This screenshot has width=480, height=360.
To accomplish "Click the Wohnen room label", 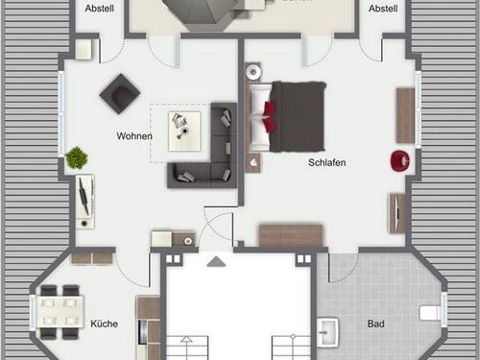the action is pos(134,136).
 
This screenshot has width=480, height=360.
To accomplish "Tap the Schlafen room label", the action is pos(327,162).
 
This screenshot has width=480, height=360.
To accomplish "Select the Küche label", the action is pos(105,324).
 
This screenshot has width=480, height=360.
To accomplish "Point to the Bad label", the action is pos(376,324).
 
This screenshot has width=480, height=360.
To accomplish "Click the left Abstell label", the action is pos(100,9).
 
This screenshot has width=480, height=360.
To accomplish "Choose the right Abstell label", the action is pos(383,9).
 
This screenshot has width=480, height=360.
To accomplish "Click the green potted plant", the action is pos(77,157).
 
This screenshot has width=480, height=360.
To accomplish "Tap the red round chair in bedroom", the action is pos(400,160).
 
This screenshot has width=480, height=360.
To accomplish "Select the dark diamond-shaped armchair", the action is pos(120,94).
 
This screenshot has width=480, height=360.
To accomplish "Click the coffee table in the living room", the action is pos(184,132).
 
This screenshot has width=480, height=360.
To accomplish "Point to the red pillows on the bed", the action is pos(270,116).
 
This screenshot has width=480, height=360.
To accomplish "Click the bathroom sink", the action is pos(327,332).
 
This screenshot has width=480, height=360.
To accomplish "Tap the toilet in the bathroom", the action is pos(430,313).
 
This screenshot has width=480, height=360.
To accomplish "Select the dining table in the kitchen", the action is pos(60,312).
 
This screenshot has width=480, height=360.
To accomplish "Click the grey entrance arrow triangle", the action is pos(216,261).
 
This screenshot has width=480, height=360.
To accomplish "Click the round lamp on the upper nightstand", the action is pos(253,71).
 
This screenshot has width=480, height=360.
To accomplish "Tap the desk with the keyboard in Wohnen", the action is pos(84,202).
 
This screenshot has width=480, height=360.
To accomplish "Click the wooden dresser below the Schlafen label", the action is pos(291,235).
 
